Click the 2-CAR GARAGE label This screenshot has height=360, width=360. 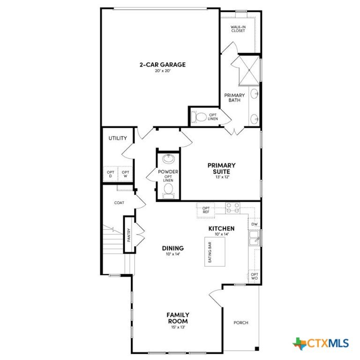click(163, 65)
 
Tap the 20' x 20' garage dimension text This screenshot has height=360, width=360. click(163, 71)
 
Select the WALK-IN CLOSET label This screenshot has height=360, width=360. click(238, 29)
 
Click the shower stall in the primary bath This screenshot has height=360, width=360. click(249, 70)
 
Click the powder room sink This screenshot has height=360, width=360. click(169, 159)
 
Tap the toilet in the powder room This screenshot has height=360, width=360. click(169, 191)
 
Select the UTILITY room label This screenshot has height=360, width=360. click(118, 138)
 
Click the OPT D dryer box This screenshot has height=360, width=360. click(111, 174)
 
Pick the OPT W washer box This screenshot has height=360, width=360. click(125, 174)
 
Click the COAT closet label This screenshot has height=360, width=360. click(119, 202)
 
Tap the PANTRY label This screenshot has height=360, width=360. click(129, 235)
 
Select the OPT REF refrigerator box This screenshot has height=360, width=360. click(206, 210)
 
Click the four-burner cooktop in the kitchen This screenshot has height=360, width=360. click(232, 208)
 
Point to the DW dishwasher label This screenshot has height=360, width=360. click(255, 224)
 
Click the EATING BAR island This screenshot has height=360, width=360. click(215, 252)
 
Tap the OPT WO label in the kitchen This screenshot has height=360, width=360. click(255, 276)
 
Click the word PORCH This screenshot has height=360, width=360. click(241, 322)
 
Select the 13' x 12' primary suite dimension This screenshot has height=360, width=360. click(222, 177)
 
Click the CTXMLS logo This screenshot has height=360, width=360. click(321, 344)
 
